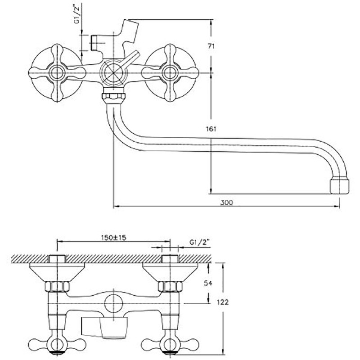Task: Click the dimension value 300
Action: point(227,203)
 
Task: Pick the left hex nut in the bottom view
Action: point(58,286)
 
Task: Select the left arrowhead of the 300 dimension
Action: point(114,207)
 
